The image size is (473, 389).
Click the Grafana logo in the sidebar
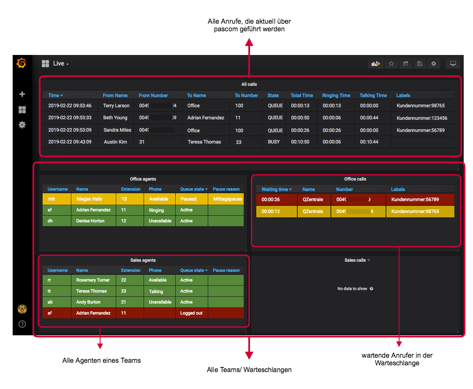point(22,63)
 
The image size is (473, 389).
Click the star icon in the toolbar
point(391,63)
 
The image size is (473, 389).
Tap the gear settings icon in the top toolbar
point(433,63)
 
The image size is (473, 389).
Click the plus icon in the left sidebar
point(22,94)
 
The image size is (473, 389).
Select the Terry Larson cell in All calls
point(116,106)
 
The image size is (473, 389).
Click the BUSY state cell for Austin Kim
point(274,142)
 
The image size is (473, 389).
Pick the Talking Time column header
point(373,96)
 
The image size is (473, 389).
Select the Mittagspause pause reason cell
point(228,199)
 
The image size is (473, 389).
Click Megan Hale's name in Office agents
point(89,199)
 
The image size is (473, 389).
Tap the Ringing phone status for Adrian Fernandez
point(156,210)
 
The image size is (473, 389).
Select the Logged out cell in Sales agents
point(191,313)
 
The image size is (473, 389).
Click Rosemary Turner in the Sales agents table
point(92,280)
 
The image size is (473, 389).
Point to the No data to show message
point(352,289)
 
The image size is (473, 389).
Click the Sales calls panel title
point(355,260)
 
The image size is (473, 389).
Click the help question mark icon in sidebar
point(22,324)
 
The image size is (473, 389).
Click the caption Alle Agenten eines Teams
point(101,361)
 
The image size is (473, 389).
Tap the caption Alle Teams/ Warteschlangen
point(249,370)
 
